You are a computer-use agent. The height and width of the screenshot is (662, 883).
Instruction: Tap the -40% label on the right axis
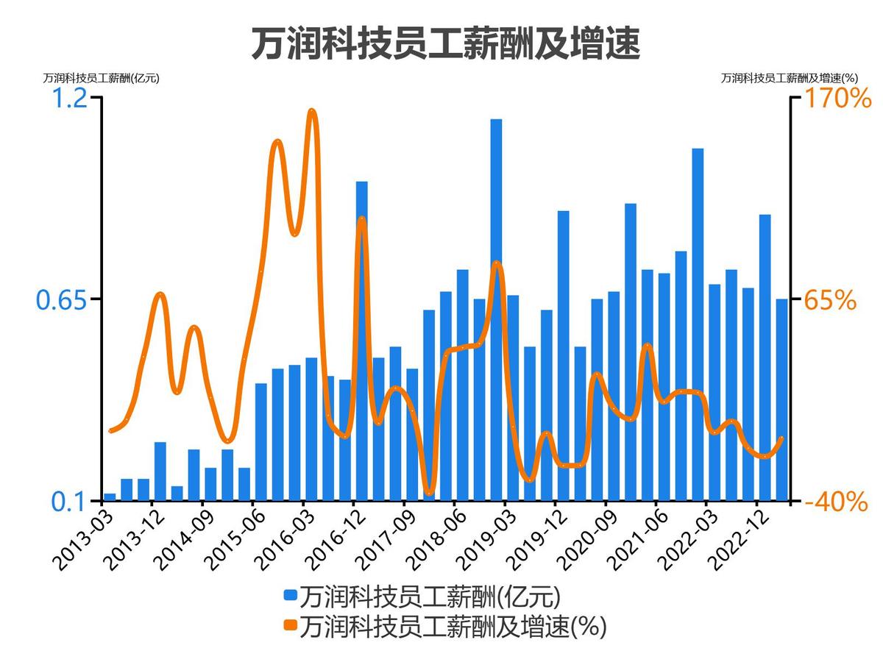point(836,502)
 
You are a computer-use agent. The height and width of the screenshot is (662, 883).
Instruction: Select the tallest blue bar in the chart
point(496,309)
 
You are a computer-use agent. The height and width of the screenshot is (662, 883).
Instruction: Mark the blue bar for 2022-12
point(765,357)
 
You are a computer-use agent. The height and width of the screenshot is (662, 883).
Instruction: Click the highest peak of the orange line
point(312,112)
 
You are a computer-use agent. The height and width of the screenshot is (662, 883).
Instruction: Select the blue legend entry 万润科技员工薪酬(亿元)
point(423,595)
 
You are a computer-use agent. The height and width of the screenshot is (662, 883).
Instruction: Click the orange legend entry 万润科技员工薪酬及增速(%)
point(444,627)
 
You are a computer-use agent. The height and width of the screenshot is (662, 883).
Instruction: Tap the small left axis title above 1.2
point(101,77)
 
